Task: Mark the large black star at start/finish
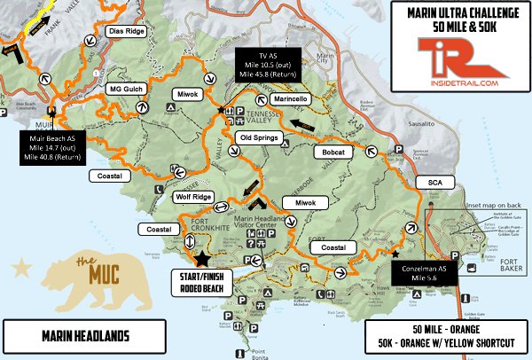(x=202, y=258)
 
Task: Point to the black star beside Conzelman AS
(x=395, y=254)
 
